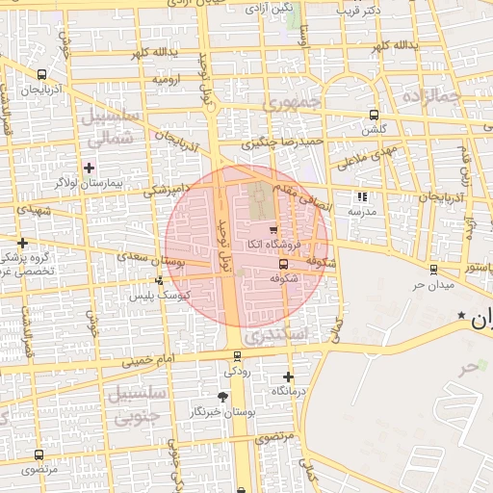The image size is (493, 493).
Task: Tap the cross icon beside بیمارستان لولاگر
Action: click(90, 168)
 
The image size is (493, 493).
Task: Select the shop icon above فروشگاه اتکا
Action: click(273, 229)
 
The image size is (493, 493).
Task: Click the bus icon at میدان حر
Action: click(433, 270)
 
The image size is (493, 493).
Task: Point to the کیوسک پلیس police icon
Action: click(159, 280)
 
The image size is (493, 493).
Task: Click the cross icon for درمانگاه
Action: click(288, 376)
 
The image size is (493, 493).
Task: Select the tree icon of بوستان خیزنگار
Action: click(223, 396)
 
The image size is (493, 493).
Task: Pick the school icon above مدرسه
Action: click(362, 196)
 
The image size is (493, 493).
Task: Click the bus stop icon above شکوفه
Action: click(283, 264)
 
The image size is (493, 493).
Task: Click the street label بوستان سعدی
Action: click(148, 258)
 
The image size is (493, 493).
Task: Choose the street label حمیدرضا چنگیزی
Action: click(281, 143)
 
